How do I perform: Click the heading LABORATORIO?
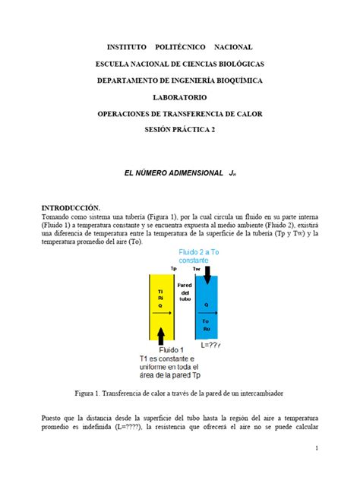180,97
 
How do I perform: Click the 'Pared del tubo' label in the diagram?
185,292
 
